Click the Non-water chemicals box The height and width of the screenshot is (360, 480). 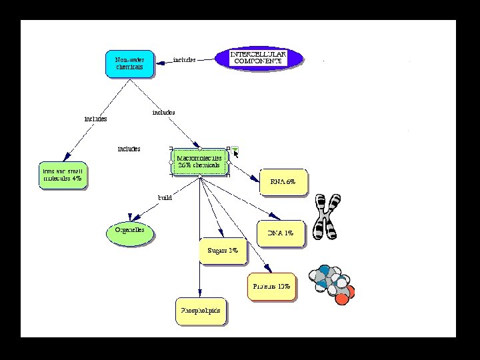click(129, 63)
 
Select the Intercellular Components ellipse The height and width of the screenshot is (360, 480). click(259, 57)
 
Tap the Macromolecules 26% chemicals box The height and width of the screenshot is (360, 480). click(199, 161)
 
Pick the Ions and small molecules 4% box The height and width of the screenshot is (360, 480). click(63, 175)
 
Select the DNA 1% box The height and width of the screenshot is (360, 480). click(280, 233)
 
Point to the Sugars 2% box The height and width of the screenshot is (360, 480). click(223, 251)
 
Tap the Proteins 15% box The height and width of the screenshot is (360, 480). click(271, 287)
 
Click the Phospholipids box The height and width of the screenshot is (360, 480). click(201, 311)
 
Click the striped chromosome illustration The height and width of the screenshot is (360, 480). click(327, 217)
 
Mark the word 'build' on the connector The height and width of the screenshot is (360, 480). click(165, 197)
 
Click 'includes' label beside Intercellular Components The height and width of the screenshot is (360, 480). click(185, 59)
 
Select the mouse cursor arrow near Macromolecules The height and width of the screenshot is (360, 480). click(235, 155)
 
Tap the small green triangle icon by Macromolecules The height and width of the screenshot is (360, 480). click(235, 149)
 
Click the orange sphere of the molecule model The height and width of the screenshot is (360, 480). click(342, 298)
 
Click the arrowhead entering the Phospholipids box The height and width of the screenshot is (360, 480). click(200, 293)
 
